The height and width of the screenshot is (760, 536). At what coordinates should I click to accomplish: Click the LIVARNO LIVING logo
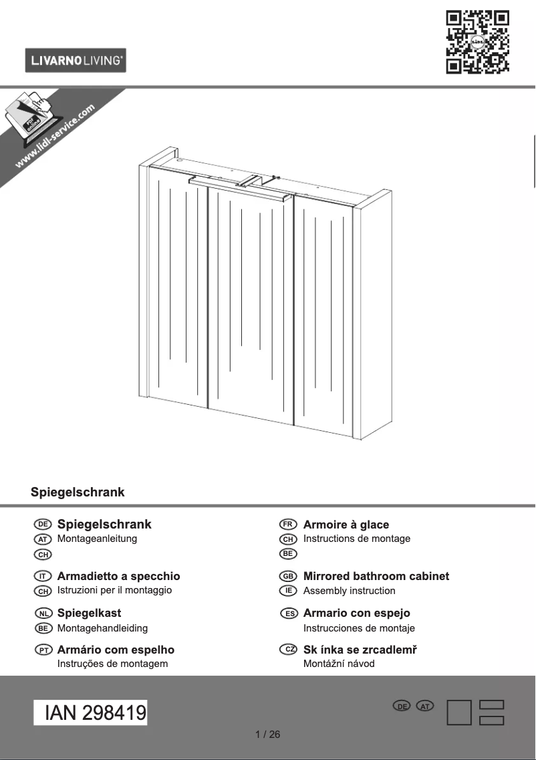76,60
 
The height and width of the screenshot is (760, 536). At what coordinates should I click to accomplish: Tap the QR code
477,41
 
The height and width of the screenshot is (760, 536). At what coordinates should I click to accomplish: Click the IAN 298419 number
91,713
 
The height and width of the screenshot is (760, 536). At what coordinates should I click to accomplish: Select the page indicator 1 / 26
268,735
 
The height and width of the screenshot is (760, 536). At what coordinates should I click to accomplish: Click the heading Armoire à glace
346,525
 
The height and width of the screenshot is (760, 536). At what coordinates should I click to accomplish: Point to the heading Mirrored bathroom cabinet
376,576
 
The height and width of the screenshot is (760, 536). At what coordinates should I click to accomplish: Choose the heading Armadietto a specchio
118,576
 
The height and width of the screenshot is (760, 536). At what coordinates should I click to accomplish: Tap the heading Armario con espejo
356,613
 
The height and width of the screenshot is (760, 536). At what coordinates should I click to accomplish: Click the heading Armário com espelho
116,650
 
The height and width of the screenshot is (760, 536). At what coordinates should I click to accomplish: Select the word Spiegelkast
89,613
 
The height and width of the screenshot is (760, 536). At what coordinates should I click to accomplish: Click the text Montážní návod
339,664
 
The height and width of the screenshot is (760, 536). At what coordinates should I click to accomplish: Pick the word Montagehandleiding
102,628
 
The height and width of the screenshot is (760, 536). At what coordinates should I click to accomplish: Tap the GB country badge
288,576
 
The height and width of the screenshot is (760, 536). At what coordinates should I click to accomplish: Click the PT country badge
42,650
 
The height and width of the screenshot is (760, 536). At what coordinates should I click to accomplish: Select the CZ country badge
288,650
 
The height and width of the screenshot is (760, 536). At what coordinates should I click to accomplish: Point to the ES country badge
288,613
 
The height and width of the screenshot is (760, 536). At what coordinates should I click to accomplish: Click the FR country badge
288,525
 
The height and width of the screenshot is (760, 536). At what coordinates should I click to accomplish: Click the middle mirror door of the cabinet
251,301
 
